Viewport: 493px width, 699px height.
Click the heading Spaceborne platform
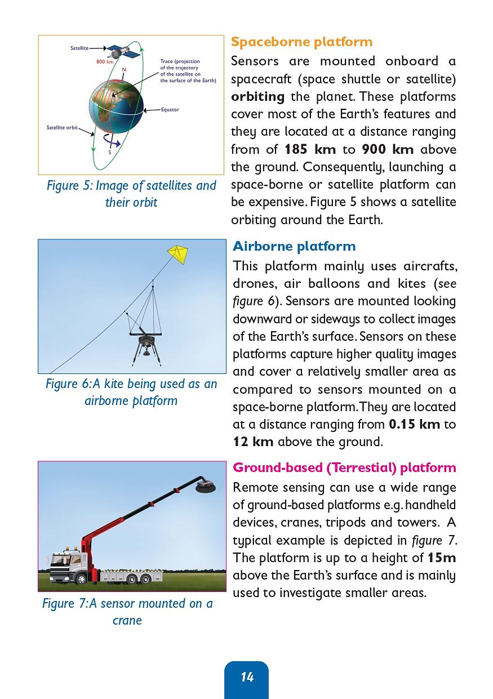pyautogui.click(x=301, y=42)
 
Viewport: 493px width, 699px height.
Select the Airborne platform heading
pyautogui.click(x=294, y=246)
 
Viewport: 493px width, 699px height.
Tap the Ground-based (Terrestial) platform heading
pyautogui.click(x=344, y=468)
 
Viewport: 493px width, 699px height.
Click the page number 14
pyautogui.click(x=247, y=677)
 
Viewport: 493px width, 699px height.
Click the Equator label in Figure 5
pyautogui.click(x=170, y=109)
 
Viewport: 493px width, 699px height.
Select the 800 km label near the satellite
pyautogui.click(x=105, y=62)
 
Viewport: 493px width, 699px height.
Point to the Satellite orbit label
pyautogui.click(x=62, y=128)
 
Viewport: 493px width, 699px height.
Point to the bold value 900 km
pyautogui.click(x=387, y=149)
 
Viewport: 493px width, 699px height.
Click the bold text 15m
pyautogui.click(x=441, y=558)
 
